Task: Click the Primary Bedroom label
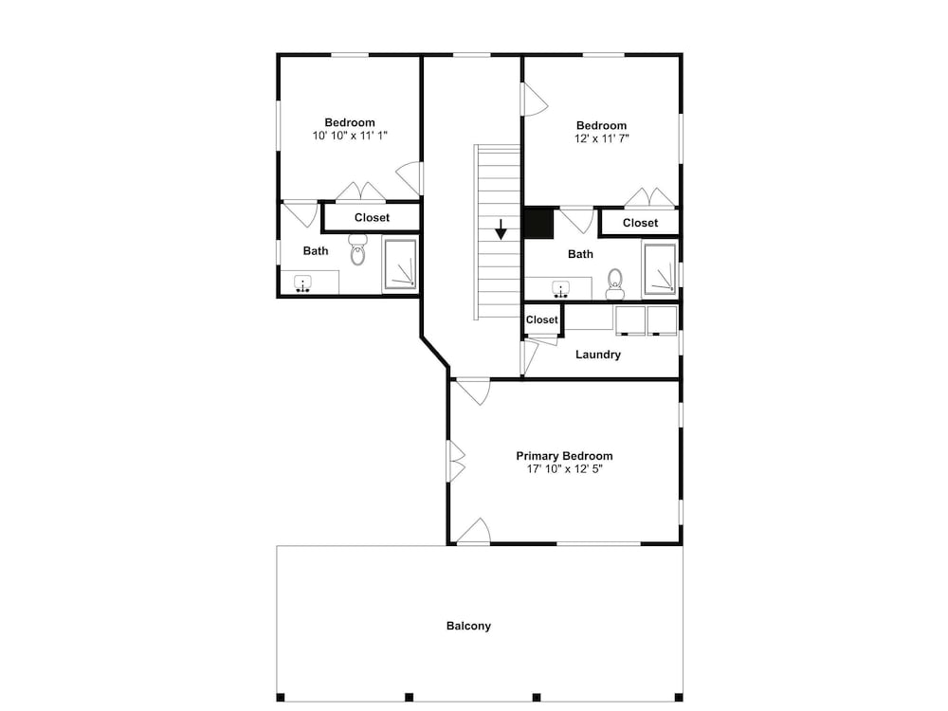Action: click(x=564, y=456)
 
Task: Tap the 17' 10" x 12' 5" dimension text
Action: click(x=565, y=468)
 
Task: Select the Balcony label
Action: click(x=468, y=627)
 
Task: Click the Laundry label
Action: click(x=598, y=355)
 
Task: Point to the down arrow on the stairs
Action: click(x=501, y=229)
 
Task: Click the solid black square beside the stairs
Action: click(x=538, y=223)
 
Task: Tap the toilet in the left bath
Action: click(x=358, y=249)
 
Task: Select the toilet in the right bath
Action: click(x=615, y=284)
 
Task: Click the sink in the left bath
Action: click(x=302, y=283)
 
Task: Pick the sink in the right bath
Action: click(x=561, y=289)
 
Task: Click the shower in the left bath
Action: click(x=400, y=264)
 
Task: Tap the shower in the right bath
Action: click(x=660, y=269)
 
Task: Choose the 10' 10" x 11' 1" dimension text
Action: click(x=350, y=136)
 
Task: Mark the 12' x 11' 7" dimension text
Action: click(x=602, y=138)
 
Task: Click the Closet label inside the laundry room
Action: click(x=541, y=319)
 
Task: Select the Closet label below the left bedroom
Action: click(x=372, y=218)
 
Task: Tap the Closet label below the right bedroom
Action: click(x=640, y=223)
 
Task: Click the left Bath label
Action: click(x=316, y=251)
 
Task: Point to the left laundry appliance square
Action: click(x=630, y=320)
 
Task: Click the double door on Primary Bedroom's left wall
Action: click(x=456, y=462)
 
